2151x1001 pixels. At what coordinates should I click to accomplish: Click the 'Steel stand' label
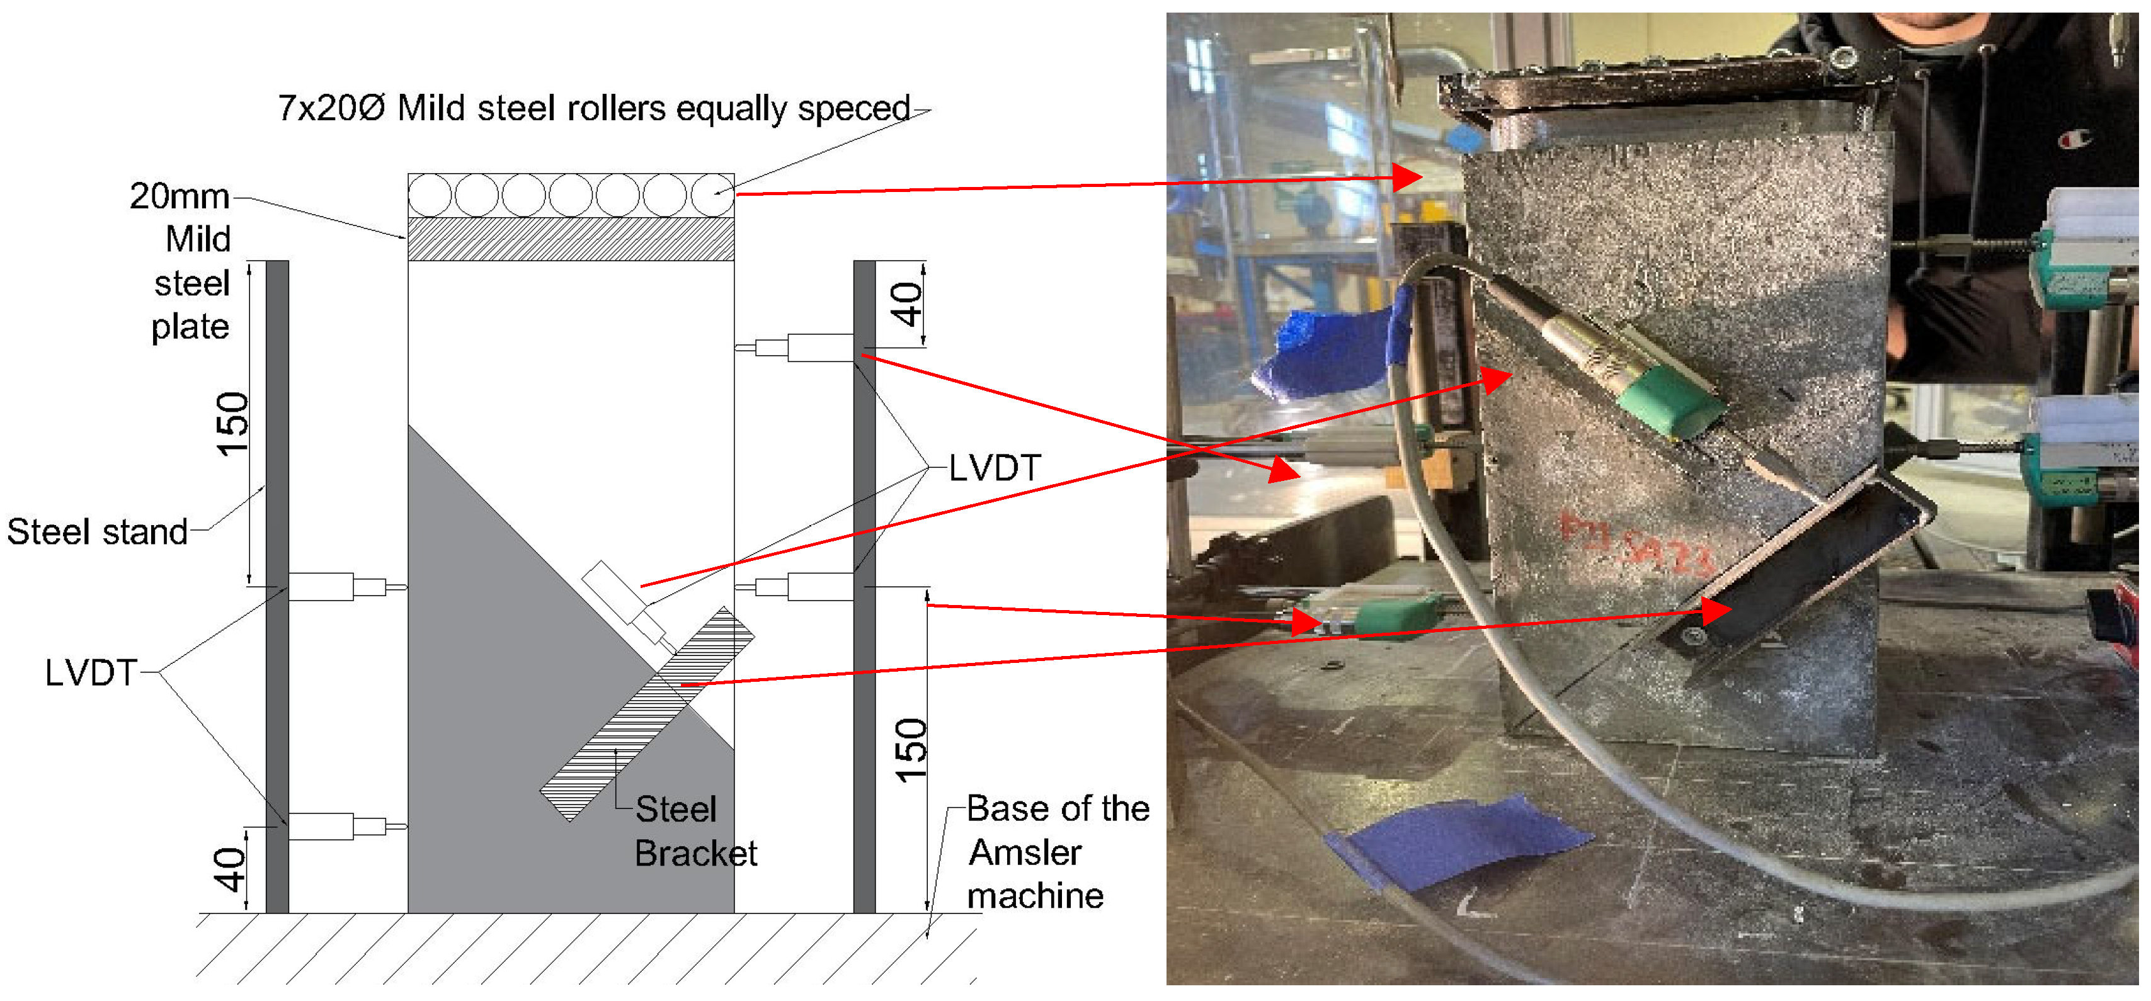(x=97, y=532)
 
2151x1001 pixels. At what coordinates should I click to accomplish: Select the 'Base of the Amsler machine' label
(x=1057, y=852)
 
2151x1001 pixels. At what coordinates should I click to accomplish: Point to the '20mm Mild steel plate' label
(x=189, y=261)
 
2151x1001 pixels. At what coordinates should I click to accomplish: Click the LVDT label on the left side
(x=90, y=672)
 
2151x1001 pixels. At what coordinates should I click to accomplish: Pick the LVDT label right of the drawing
(x=995, y=468)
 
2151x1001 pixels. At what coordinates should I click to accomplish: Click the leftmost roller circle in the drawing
(x=430, y=195)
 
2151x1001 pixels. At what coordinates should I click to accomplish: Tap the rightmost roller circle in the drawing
(x=712, y=195)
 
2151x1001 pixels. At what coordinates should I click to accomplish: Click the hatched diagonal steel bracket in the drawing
(x=647, y=715)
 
